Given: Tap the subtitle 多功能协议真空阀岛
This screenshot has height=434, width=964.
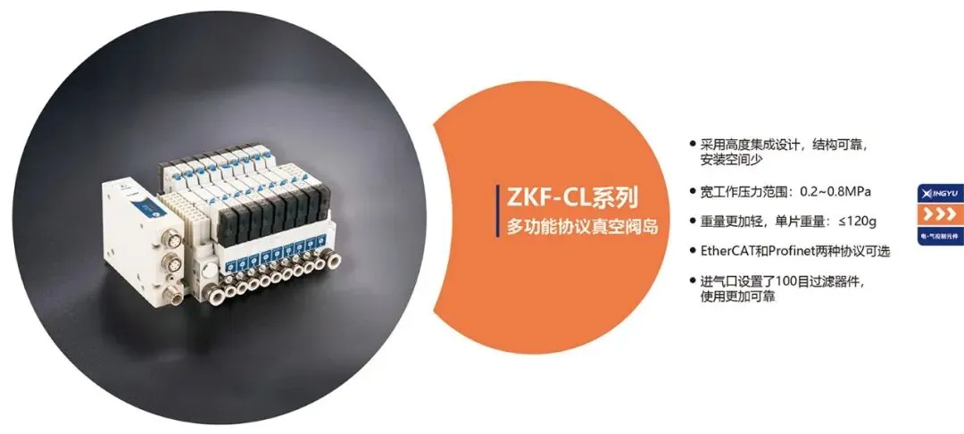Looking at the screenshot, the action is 582,227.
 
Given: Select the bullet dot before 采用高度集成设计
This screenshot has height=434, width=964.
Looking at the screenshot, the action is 693,144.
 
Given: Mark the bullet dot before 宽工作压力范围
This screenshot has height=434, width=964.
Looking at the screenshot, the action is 693,192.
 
